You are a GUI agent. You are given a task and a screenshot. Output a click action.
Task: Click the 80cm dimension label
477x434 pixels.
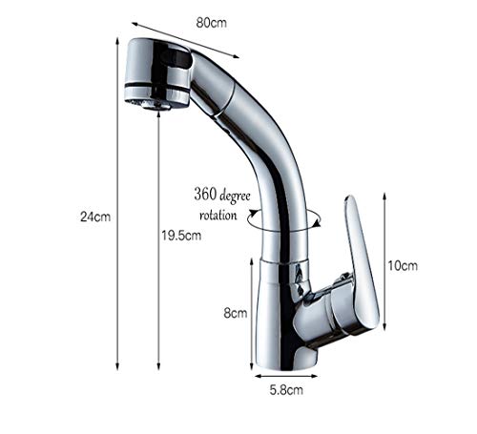click(211, 23)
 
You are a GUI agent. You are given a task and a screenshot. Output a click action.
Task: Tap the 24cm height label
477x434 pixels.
click(95, 217)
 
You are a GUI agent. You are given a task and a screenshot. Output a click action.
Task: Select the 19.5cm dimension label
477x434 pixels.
click(181, 236)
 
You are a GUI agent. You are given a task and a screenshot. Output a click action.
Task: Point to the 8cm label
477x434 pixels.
click(236, 313)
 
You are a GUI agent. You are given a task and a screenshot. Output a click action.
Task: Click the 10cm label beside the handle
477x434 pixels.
click(403, 266)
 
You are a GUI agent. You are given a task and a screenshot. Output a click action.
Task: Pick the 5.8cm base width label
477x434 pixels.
click(286, 390)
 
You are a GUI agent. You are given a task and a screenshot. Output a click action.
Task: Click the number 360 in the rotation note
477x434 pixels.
click(205, 194)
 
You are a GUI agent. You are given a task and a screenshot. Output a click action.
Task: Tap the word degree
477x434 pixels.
click(235, 196)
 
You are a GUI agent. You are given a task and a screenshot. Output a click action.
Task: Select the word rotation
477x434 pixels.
click(218, 215)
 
